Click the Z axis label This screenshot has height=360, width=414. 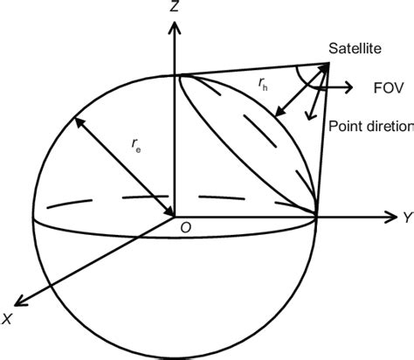[176, 8]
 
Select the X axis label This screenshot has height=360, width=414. [7, 320]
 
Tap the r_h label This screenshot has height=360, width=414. [264, 84]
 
